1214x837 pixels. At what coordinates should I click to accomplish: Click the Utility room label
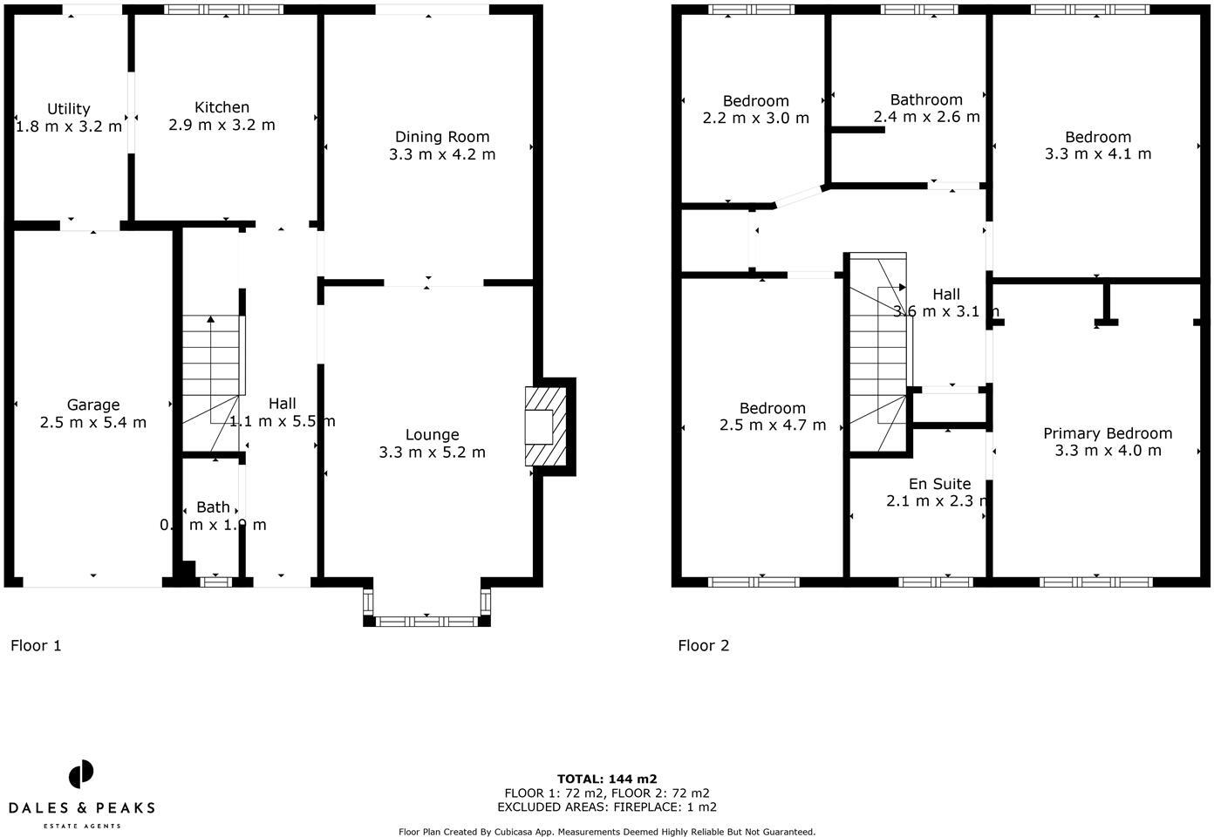click(x=68, y=109)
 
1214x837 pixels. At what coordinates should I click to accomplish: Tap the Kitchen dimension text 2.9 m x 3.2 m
click(x=222, y=125)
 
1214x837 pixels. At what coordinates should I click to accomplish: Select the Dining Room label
click(x=442, y=137)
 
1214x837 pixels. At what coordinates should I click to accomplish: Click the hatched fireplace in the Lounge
click(x=545, y=426)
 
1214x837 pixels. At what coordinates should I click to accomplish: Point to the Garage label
click(x=93, y=405)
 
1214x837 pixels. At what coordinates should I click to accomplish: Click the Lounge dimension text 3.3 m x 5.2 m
click(x=432, y=453)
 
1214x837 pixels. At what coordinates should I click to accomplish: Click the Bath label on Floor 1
click(x=213, y=507)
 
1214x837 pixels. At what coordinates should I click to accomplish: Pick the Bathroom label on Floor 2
click(x=926, y=99)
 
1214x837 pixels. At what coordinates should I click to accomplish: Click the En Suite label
click(x=939, y=484)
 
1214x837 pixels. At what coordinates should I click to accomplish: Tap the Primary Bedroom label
click(x=1108, y=433)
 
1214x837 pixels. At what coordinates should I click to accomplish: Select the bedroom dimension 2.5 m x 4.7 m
click(x=773, y=425)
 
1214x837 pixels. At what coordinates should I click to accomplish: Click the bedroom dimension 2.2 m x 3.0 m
click(x=755, y=118)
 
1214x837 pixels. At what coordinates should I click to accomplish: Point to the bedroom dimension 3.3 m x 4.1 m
click(x=1098, y=154)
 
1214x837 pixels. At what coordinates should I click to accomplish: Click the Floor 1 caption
click(x=36, y=646)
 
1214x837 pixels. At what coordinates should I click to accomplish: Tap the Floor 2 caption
click(x=703, y=646)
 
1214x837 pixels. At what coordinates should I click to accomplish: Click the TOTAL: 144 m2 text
click(x=607, y=779)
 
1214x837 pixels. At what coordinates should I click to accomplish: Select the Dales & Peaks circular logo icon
click(x=81, y=774)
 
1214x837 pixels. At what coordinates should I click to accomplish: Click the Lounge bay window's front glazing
click(x=426, y=621)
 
